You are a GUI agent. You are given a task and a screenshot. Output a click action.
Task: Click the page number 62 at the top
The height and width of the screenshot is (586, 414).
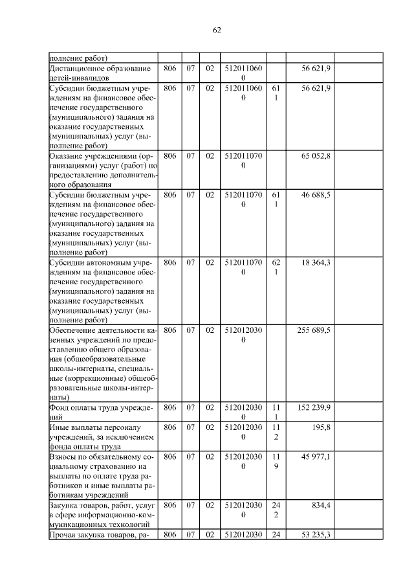[x=217, y=30]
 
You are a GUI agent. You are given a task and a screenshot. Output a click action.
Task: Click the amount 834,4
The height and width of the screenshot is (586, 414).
[x=321, y=504]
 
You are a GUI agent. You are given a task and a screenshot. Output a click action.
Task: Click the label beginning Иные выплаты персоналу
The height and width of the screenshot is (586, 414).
[x=100, y=427]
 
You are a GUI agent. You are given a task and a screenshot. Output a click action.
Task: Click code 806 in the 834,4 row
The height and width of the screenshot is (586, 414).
[x=169, y=504]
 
